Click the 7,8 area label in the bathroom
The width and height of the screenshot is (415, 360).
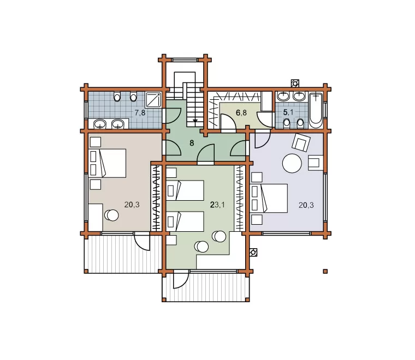140,113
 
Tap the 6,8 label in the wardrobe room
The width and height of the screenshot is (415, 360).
241,113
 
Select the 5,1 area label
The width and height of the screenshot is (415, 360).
288,112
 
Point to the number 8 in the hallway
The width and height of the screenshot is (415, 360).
192,143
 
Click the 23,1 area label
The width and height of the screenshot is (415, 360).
217,205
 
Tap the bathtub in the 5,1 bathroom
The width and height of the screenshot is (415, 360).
316,111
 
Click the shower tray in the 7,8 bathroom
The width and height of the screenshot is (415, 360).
153,99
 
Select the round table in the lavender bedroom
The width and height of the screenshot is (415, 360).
292,163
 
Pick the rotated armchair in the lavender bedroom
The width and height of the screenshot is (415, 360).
301,142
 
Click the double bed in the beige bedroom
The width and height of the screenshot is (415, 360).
108,163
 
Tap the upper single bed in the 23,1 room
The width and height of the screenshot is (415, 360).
185,190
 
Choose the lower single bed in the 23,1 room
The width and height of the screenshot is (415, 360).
185,221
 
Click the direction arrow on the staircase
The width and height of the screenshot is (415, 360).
195,121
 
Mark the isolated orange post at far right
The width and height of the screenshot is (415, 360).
325,271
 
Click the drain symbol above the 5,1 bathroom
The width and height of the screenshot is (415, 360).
295,83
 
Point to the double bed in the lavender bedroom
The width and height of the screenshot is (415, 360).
269,198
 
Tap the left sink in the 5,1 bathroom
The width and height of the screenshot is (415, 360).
283,96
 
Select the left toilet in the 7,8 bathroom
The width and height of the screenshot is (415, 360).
117,97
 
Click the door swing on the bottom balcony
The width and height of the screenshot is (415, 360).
181,279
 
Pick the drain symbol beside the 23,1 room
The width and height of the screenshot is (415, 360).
253,253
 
